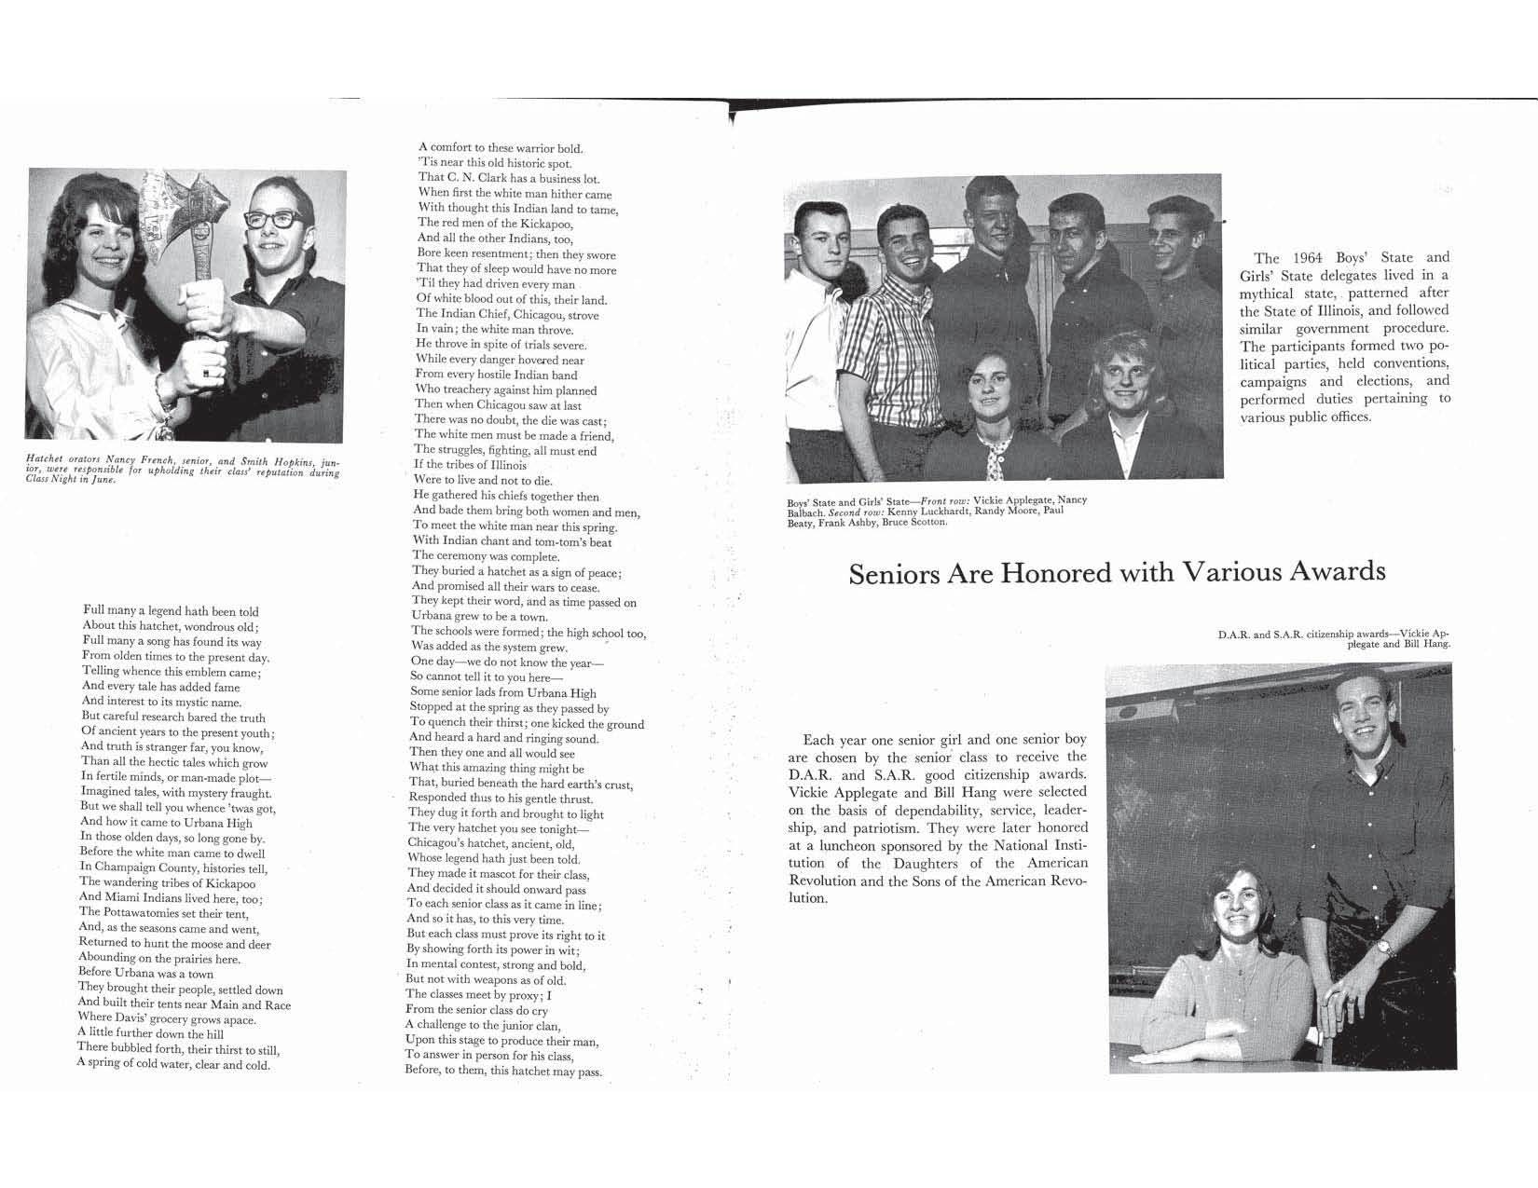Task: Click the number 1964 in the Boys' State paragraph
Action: pyautogui.click(x=1311, y=258)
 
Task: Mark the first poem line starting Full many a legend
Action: pyautogui.click(x=171, y=611)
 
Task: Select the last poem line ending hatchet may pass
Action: pyautogui.click(x=503, y=1072)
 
